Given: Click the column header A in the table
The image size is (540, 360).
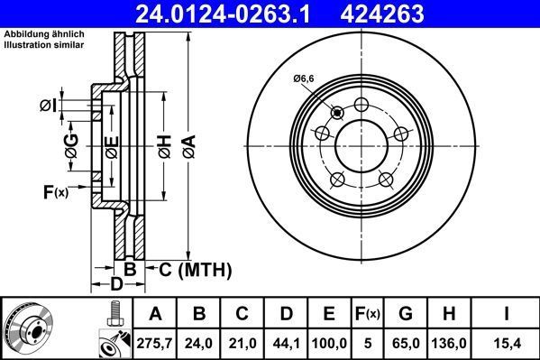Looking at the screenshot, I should (155, 314).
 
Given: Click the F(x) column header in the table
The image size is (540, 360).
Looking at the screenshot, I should (370, 314).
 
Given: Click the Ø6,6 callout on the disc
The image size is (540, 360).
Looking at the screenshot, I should (303, 79).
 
